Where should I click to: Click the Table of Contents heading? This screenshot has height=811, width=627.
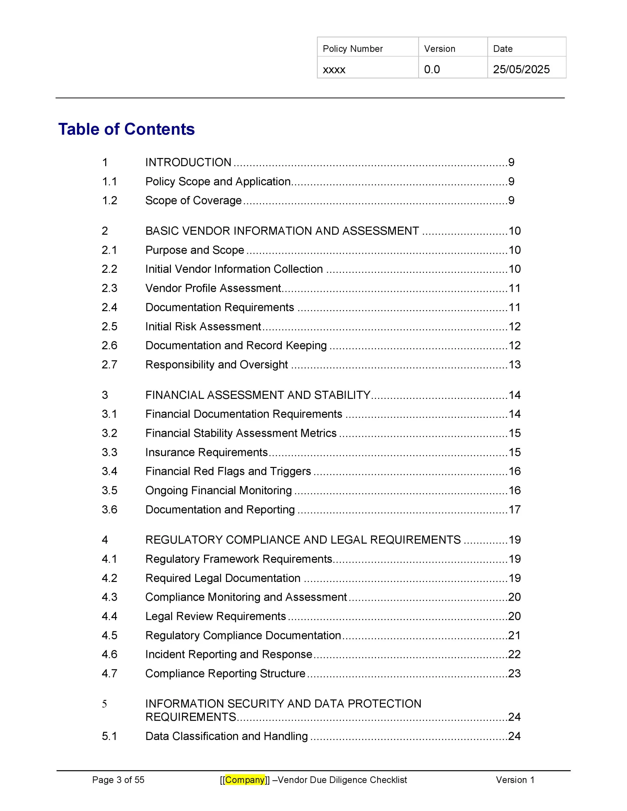pyautogui.click(x=126, y=129)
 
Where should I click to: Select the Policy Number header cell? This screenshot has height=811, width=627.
pyautogui.click(x=352, y=49)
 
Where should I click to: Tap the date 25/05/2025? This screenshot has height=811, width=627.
pyautogui.click(x=521, y=69)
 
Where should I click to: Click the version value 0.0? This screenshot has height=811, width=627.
pyautogui.click(x=432, y=69)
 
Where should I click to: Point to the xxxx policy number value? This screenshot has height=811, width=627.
pyautogui.click(x=334, y=70)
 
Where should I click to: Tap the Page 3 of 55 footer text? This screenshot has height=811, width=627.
pyautogui.click(x=118, y=780)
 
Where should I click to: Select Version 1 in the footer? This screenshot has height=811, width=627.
pyautogui.click(x=515, y=780)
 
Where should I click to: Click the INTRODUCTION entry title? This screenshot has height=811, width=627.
pyautogui.click(x=188, y=162)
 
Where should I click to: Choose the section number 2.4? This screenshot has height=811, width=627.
pyautogui.click(x=109, y=308)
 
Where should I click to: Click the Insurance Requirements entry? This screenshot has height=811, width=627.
pyautogui.click(x=206, y=452)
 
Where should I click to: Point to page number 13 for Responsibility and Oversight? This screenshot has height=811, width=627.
pyautogui.click(x=514, y=365)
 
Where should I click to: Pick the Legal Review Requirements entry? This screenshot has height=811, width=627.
pyautogui.click(x=216, y=616)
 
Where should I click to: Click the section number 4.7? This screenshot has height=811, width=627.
pyautogui.click(x=109, y=673)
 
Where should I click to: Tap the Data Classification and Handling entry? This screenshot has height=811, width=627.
pyautogui.click(x=226, y=736)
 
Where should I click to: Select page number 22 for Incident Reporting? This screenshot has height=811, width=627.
pyautogui.click(x=514, y=654)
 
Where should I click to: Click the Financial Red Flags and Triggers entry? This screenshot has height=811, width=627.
pyautogui.click(x=228, y=471)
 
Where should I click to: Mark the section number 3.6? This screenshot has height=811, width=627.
pyautogui.click(x=109, y=509)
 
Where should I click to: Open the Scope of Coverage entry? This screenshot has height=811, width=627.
pyautogui.click(x=193, y=201)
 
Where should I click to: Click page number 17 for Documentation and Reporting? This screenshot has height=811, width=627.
pyautogui.click(x=514, y=509)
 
